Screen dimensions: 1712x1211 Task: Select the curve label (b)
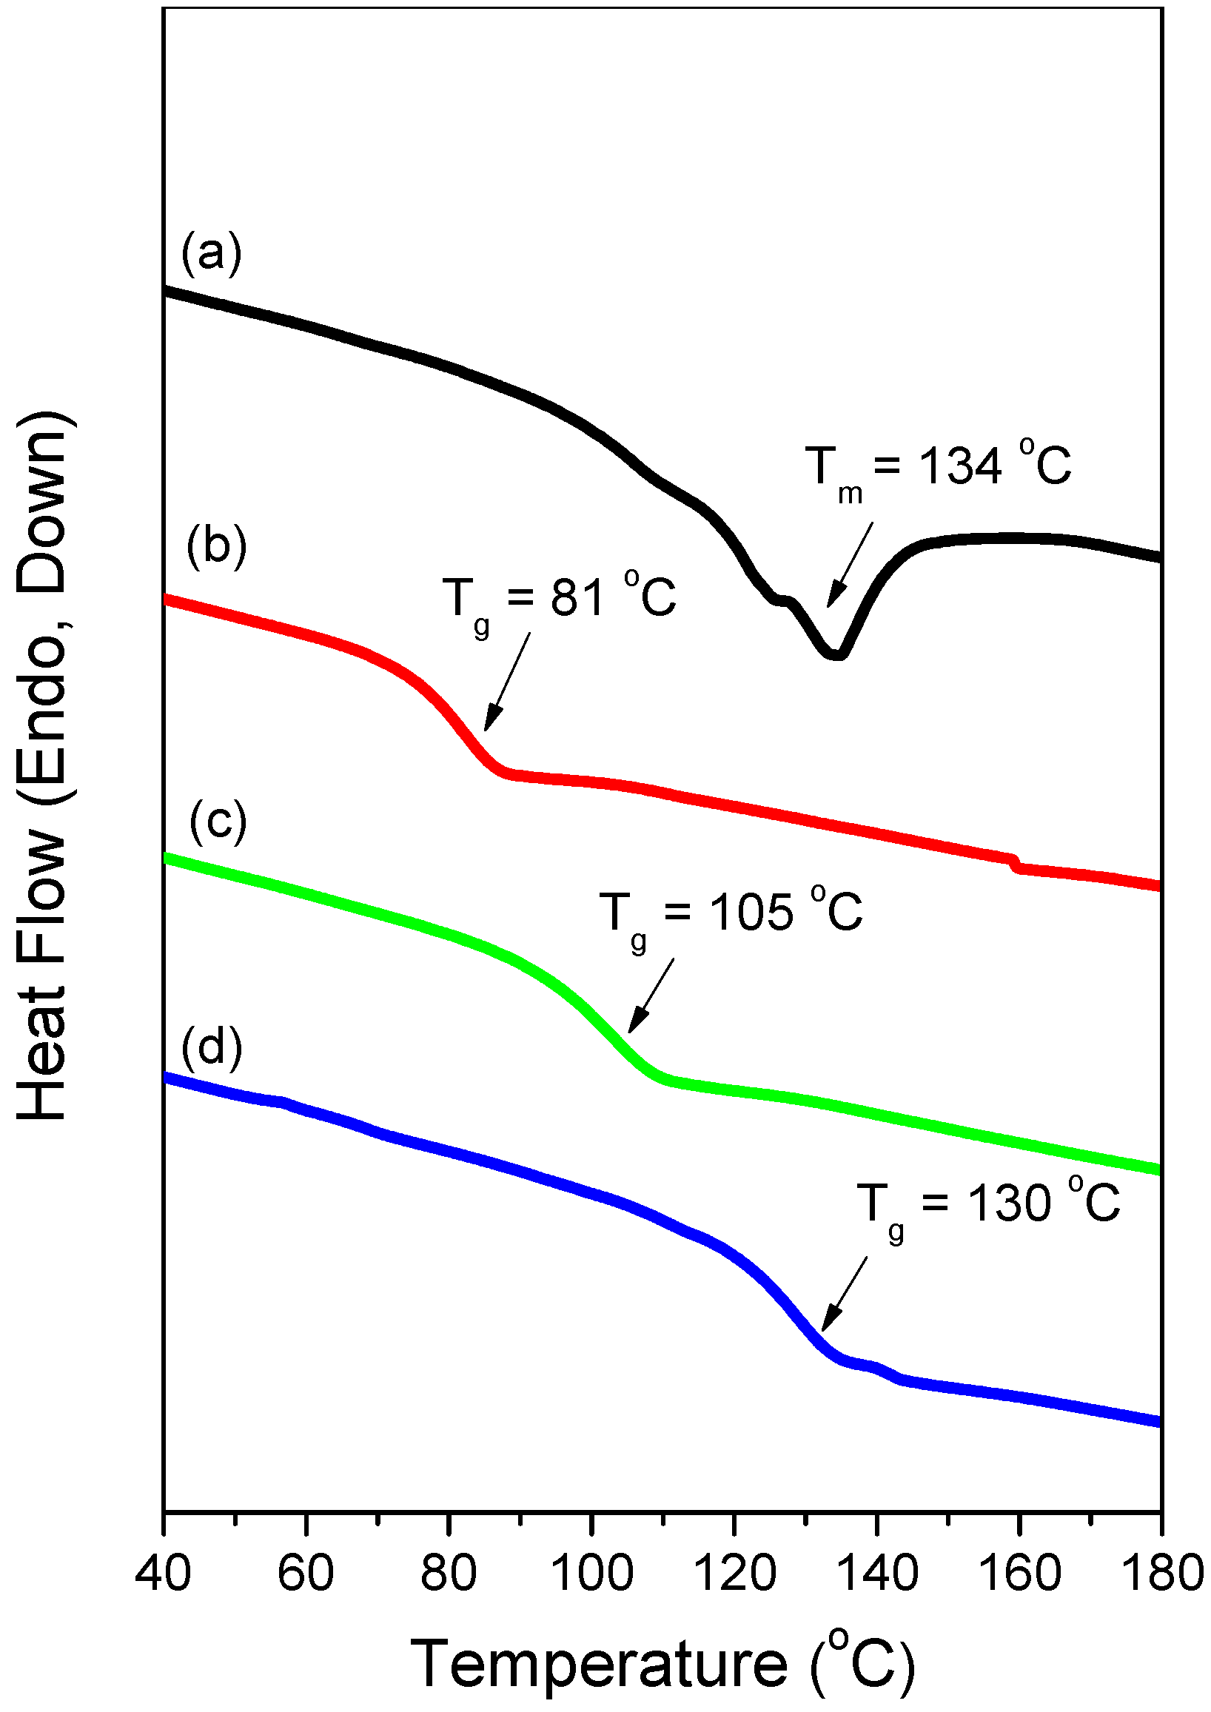tap(216, 548)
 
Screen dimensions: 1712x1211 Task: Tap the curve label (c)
tap(218, 822)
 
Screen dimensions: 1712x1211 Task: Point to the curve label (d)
tap(212, 1047)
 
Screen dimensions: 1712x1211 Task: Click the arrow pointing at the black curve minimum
tap(850, 565)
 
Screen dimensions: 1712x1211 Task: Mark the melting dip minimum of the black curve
tap(836, 654)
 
